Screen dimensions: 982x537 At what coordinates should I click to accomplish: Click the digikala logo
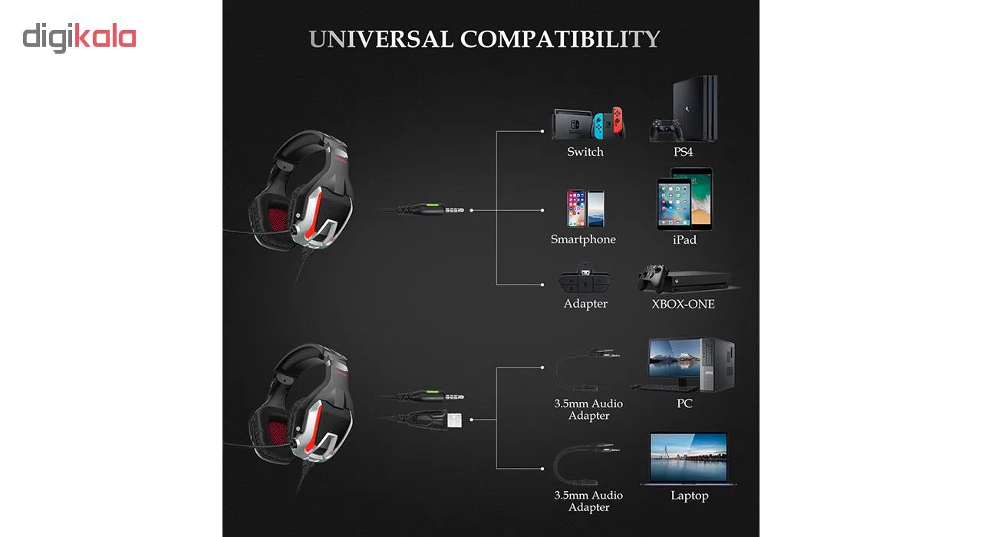[79, 38]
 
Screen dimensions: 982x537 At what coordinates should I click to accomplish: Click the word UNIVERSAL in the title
[381, 39]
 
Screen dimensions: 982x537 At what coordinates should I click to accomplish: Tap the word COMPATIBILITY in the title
[560, 39]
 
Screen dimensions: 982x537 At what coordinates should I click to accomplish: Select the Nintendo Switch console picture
[588, 124]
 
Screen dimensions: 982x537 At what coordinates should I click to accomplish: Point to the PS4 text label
[683, 152]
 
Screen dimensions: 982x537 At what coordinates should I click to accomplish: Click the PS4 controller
[666, 130]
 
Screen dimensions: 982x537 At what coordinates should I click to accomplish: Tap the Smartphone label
[583, 239]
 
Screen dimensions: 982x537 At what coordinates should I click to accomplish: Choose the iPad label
[684, 240]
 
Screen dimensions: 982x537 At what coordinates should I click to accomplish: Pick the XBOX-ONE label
[683, 304]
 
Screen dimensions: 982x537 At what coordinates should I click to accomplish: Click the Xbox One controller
[653, 278]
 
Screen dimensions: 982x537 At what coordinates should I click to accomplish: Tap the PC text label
[684, 404]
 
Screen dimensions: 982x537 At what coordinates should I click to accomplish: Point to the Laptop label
[689, 496]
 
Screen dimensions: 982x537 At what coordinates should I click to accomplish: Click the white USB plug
[454, 420]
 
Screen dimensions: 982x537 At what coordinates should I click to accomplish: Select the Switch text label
[585, 152]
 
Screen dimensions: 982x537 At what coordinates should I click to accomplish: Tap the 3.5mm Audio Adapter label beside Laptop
[588, 501]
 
